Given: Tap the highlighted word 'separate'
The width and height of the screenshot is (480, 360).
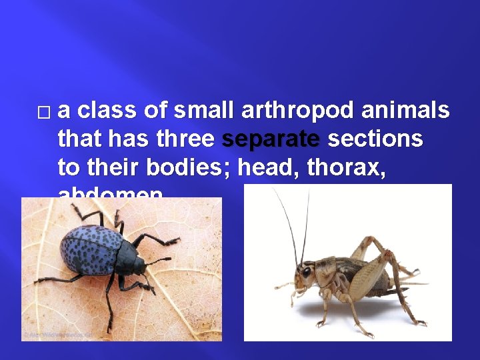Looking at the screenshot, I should point(271,139).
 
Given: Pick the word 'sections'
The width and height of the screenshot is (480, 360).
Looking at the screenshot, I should point(375,139).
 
